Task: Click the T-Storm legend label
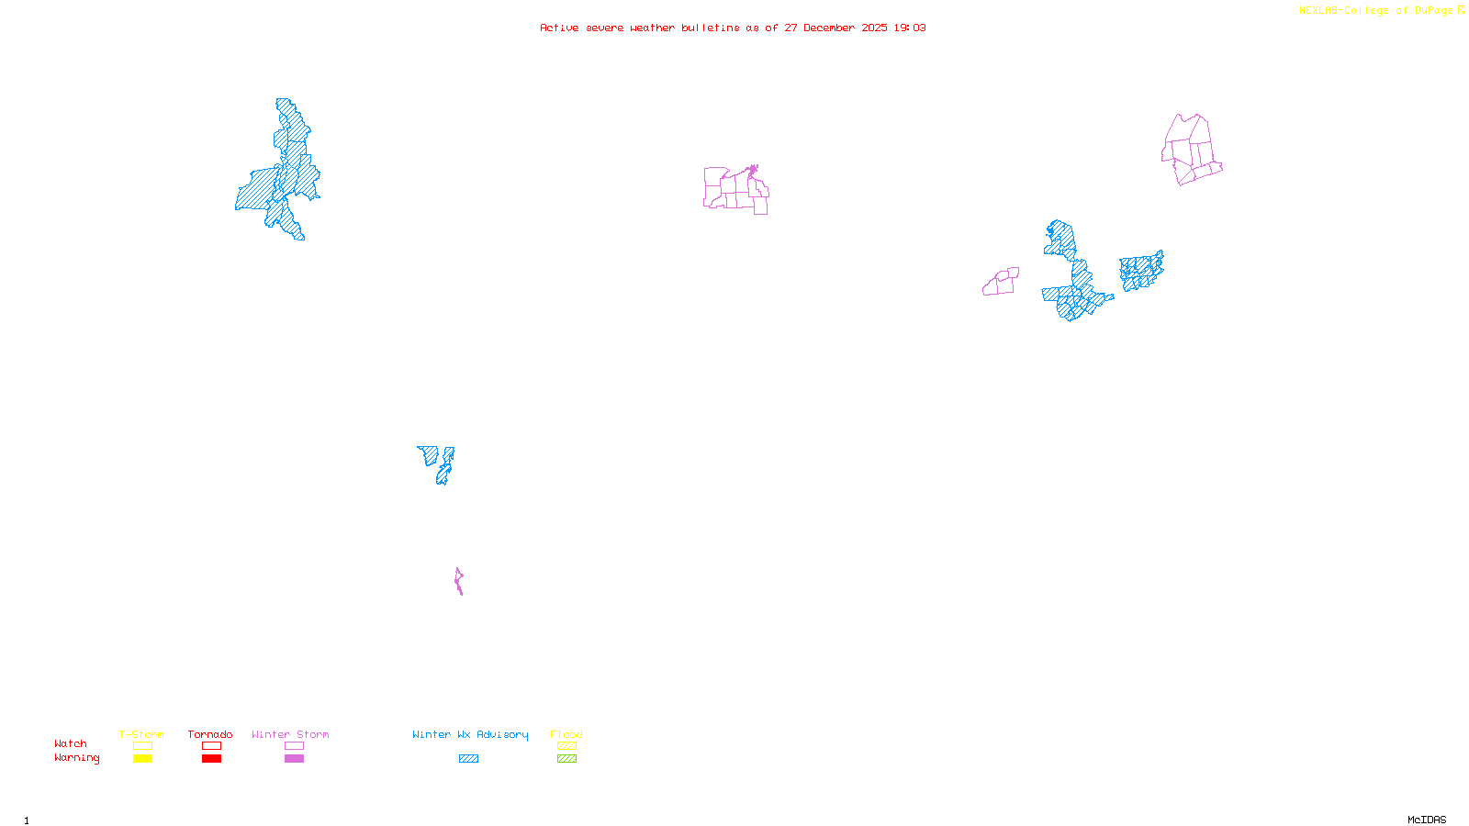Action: [141, 734]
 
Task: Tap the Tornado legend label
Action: [210, 734]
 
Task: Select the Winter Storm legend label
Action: [290, 734]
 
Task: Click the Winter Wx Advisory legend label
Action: [470, 734]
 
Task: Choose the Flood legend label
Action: [566, 734]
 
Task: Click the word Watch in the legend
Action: [71, 743]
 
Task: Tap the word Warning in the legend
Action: [77, 758]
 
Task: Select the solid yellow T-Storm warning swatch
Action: [142, 759]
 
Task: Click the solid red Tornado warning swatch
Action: [211, 759]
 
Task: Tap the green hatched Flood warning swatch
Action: [566, 759]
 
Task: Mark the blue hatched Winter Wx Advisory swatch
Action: [468, 759]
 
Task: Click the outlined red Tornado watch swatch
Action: [211, 746]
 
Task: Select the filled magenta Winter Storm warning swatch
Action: [294, 759]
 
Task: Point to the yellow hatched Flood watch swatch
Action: [566, 746]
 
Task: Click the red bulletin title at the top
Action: [733, 28]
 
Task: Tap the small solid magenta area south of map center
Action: [459, 581]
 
